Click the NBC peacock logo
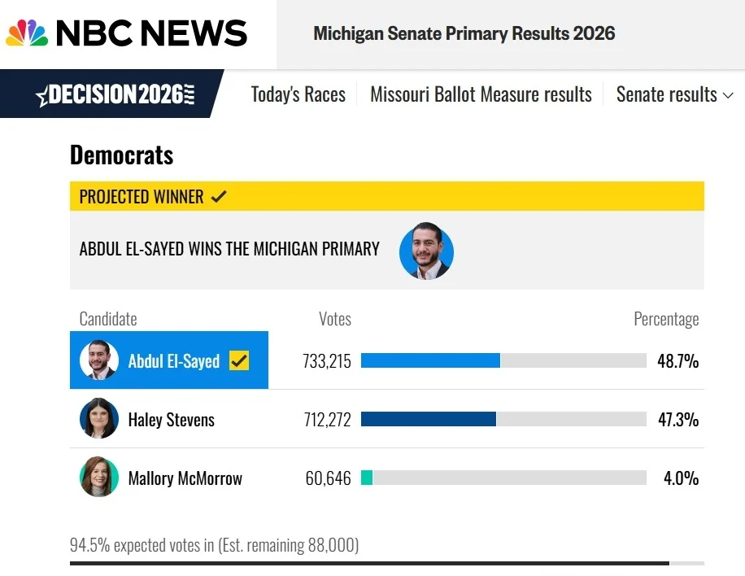click(x=27, y=33)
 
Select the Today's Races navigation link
click(x=298, y=94)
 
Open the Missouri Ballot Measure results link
click(x=481, y=94)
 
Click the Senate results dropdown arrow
click(x=728, y=95)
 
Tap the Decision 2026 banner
click(x=112, y=94)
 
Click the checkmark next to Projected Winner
click(x=219, y=196)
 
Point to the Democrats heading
click(x=122, y=155)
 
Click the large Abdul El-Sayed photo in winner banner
click(x=426, y=251)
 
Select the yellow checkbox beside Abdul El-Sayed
click(x=239, y=360)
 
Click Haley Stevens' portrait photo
click(x=99, y=418)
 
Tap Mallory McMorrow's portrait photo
click(x=99, y=477)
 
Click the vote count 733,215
click(x=327, y=361)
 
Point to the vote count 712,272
click(x=328, y=420)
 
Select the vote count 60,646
click(x=329, y=478)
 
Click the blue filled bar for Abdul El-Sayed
click(x=430, y=360)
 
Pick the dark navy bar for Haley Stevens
click(x=429, y=419)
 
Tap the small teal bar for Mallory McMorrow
click(x=367, y=477)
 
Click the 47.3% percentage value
click(x=678, y=420)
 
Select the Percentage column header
click(x=666, y=319)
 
